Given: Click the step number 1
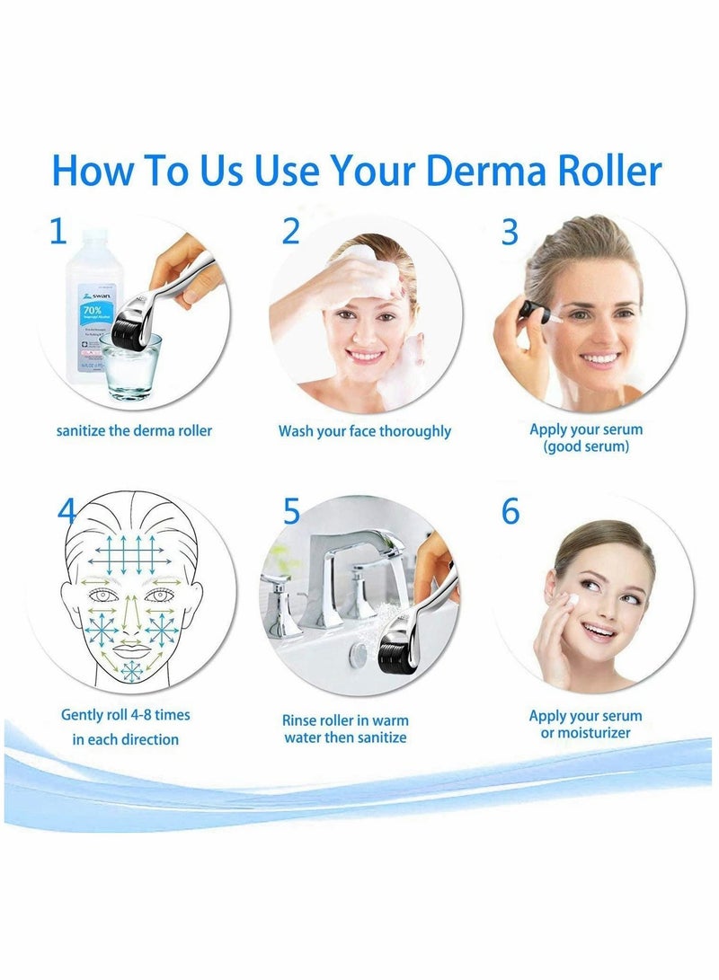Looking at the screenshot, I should [58, 232].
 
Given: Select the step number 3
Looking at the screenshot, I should [510, 232].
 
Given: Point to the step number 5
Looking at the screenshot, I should [291, 511].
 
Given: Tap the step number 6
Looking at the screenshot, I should [510, 511].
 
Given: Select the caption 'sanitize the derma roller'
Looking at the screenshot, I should [134, 431].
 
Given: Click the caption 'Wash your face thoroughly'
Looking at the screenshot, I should [364, 431].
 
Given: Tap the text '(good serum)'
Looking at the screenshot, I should [586, 446].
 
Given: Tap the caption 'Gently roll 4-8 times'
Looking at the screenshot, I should [126, 716].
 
